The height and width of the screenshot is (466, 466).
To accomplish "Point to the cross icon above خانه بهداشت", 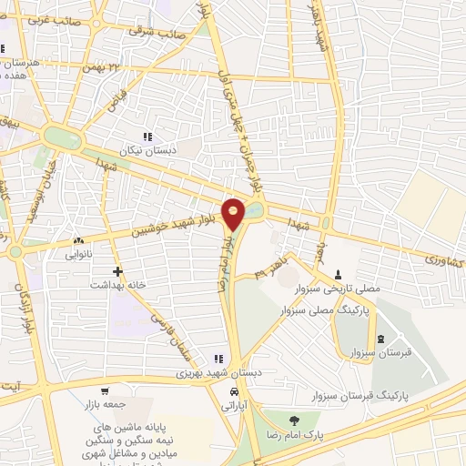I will (117, 271).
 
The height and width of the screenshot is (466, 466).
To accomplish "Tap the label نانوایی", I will (77, 256).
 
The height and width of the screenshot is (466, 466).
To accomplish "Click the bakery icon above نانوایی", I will (77, 242).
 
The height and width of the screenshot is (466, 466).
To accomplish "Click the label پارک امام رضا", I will (293, 434).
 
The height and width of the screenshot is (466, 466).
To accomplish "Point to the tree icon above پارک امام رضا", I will (292, 420).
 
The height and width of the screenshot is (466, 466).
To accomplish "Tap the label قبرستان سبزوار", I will (380, 352).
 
